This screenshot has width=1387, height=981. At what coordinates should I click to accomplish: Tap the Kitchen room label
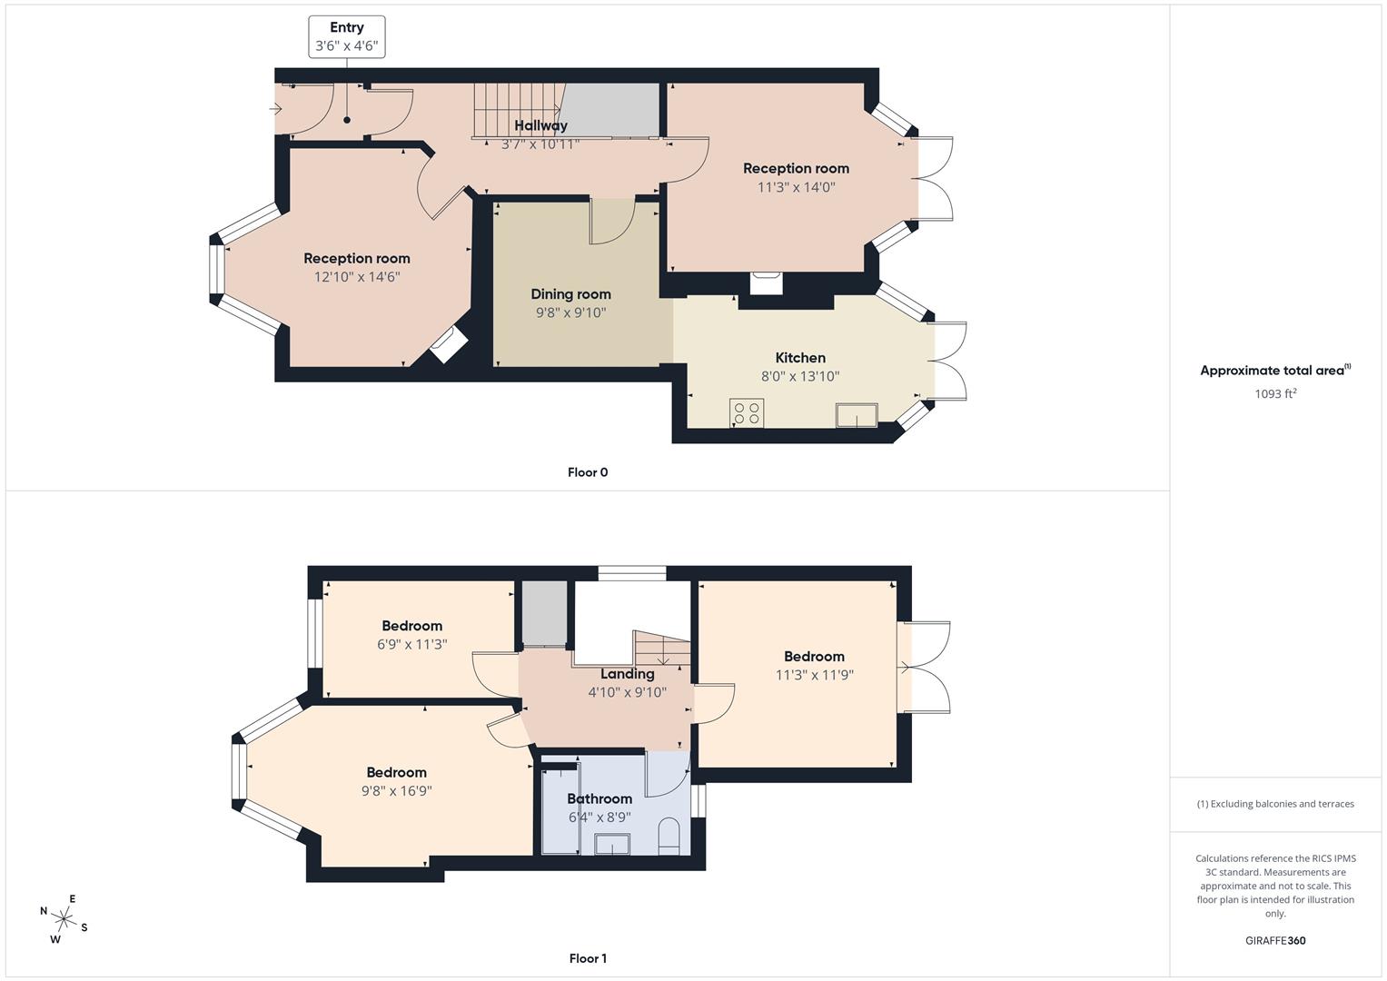[x=800, y=358]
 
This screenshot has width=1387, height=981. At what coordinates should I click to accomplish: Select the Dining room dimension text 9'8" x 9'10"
[x=570, y=312]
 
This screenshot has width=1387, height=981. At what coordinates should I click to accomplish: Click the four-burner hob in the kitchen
[x=747, y=413]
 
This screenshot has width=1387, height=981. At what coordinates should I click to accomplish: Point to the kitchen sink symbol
[x=857, y=415]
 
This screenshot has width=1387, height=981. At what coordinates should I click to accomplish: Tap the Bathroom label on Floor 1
[x=599, y=799]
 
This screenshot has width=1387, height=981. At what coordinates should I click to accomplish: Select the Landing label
[x=627, y=674]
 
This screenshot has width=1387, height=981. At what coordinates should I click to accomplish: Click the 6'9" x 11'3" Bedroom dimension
[x=411, y=645]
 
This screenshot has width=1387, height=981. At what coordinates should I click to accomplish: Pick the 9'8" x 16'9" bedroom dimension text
[x=396, y=791]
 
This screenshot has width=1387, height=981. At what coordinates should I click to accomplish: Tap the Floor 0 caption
[x=588, y=472]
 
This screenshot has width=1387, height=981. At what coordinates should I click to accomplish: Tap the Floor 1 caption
[x=588, y=958]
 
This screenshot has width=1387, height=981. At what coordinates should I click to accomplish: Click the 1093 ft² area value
[x=1275, y=393]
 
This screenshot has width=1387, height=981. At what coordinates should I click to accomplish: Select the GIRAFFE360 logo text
[x=1275, y=940]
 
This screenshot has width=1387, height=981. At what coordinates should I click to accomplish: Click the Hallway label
[x=540, y=125]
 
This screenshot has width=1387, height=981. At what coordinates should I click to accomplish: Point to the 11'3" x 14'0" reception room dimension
[x=796, y=187]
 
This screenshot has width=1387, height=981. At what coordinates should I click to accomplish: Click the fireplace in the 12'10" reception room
[x=448, y=345]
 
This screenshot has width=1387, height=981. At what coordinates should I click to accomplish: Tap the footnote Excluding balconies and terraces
[x=1275, y=804]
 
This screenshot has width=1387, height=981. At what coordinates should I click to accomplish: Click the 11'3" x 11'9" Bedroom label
[x=814, y=657]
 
